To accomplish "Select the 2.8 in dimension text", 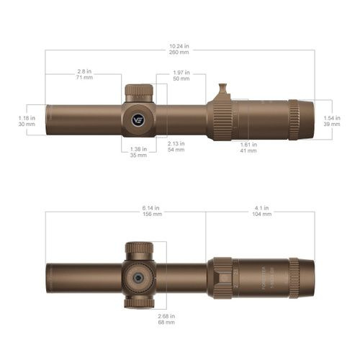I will click(x=85, y=71).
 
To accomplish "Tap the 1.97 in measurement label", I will click(x=181, y=71).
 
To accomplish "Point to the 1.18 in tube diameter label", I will click(x=27, y=117).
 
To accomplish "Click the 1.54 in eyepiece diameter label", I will click(x=331, y=117).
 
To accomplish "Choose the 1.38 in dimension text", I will click(x=138, y=149).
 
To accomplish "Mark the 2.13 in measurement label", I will click(x=176, y=143).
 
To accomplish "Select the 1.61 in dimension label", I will click(x=248, y=143).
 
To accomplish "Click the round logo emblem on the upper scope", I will click(x=138, y=120).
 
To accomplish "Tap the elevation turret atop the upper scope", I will click(x=138, y=93).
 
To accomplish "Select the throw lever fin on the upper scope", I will click(x=224, y=91).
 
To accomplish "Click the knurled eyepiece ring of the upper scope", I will click(x=294, y=119).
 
